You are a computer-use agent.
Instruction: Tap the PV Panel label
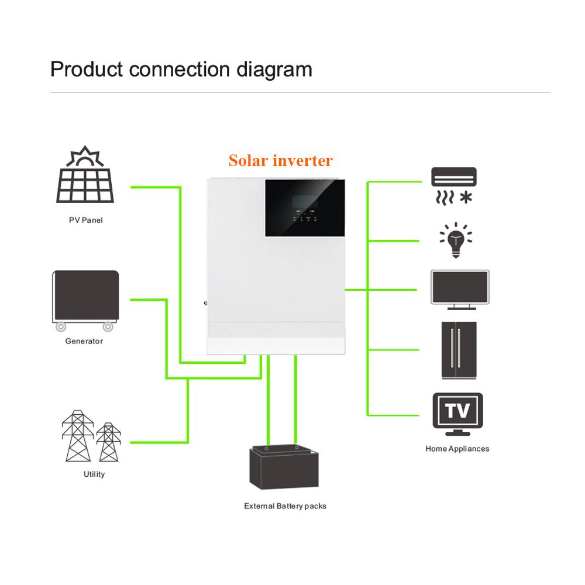[86, 220]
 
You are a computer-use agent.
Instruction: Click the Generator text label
[84, 341]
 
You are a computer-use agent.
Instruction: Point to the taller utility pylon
[78, 436]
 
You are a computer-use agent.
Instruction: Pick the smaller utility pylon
[109, 442]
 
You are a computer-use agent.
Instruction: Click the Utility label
[94, 474]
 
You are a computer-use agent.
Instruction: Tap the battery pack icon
[284, 467]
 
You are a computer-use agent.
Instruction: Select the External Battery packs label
[285, 506]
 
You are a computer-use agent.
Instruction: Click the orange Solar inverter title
[281, 160]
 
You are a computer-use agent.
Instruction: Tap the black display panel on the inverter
[305, 208]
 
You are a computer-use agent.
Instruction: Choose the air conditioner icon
[454, 186]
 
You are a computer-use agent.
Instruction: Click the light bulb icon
[456, 240]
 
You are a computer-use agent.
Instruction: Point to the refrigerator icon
[459, 350]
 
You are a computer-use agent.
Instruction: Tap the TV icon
[458, 414]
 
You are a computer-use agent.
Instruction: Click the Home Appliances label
[457, 449]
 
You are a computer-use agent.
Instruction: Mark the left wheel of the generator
[61, 327]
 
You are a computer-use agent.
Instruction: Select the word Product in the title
[87, 70]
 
